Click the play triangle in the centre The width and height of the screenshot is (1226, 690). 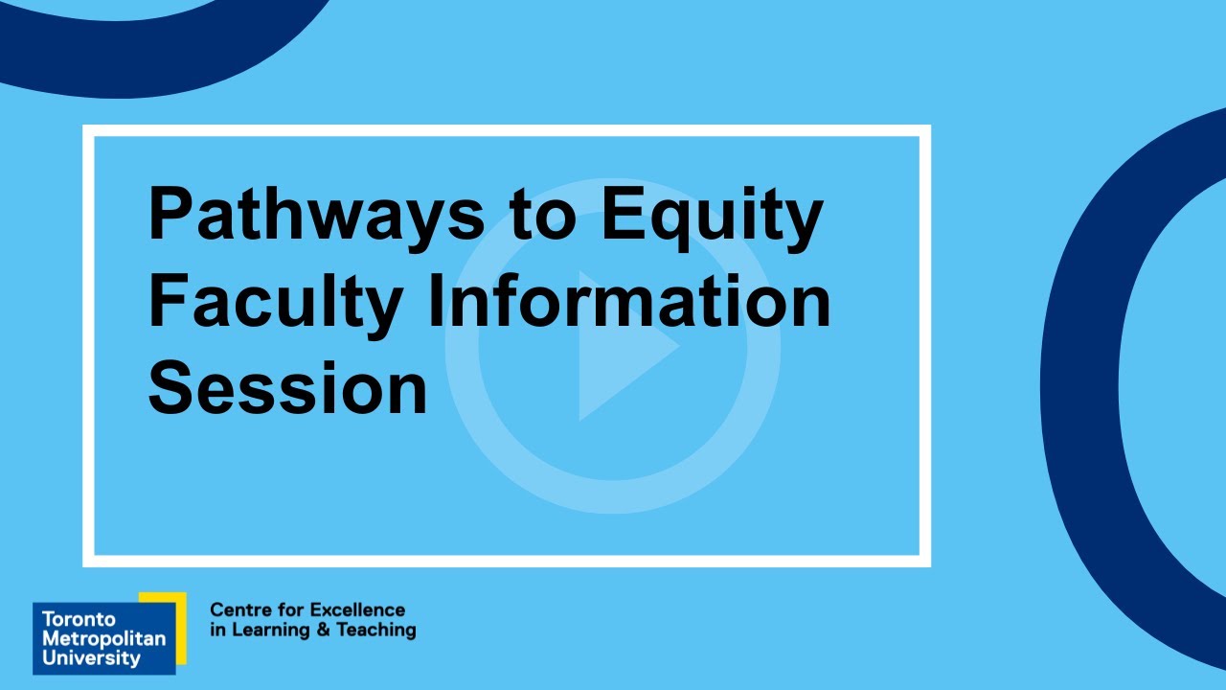621,347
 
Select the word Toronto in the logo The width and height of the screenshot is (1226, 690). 79,619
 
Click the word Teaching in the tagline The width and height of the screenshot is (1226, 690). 381,631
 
